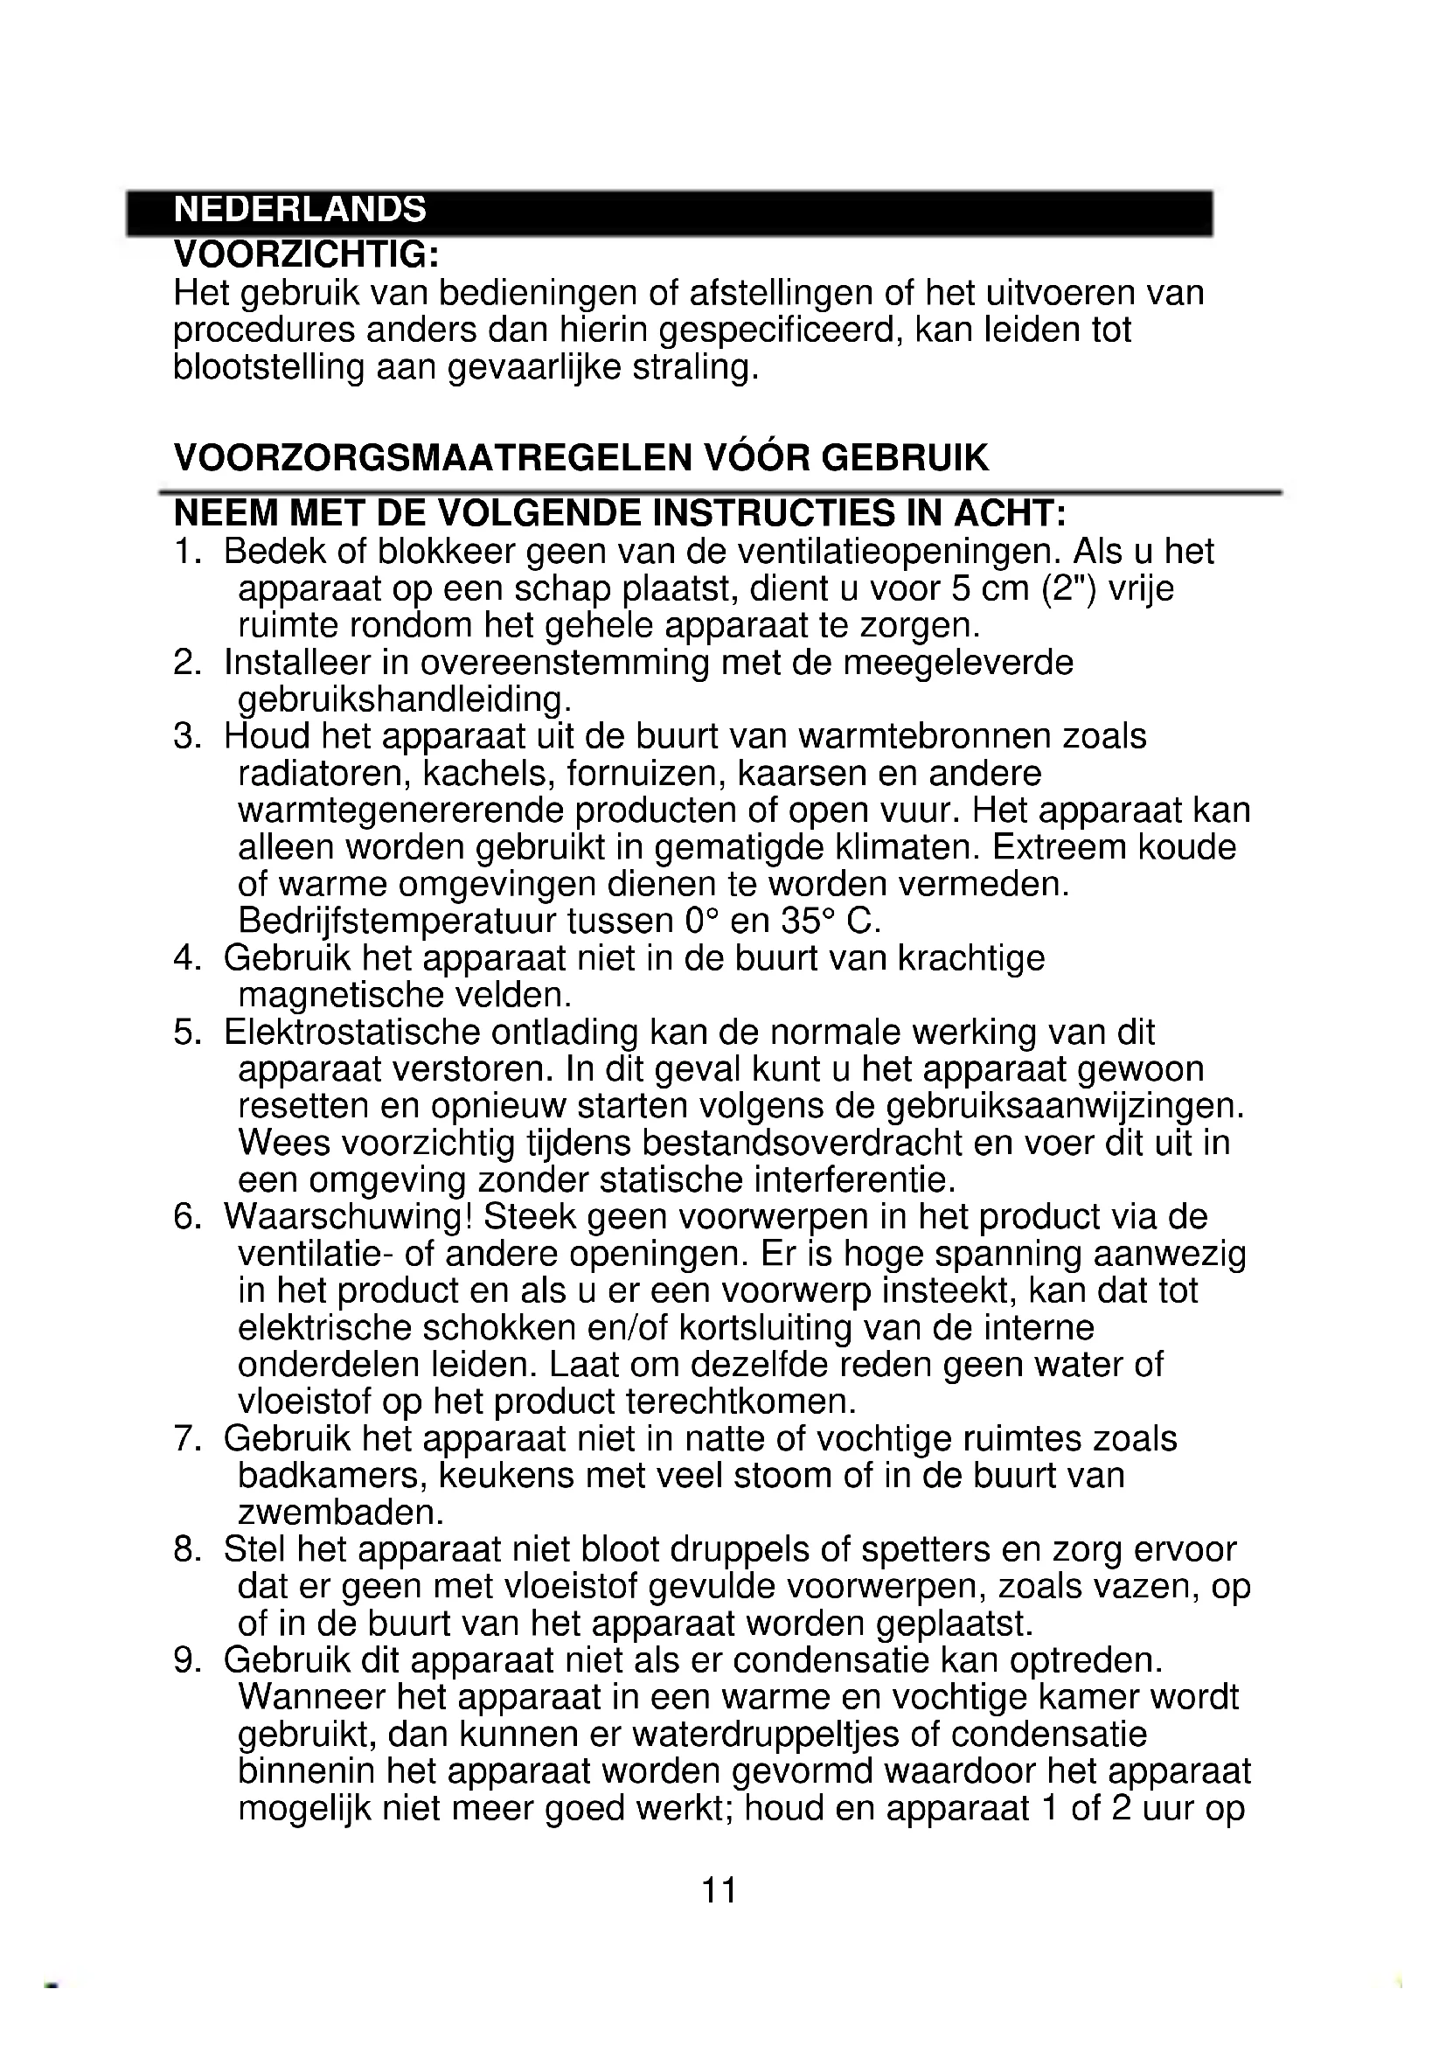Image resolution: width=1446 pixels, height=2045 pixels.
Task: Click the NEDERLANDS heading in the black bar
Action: click(x=300, y=209)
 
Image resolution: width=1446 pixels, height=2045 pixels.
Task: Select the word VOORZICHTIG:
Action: click(x=306, y=254)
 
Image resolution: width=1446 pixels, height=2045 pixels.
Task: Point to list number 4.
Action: click(x=185, y=959)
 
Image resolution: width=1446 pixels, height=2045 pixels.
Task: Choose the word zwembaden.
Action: click(x=341, y=1513)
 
